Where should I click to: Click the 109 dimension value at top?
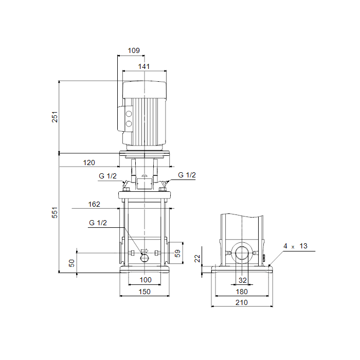(134, 50)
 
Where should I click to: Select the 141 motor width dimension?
(144, 66)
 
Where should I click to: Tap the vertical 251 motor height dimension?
(55, 117)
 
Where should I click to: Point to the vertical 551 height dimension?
(55, 212)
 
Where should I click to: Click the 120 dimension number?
(89, 163)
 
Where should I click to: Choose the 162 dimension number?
(94, 204)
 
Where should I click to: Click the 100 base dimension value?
(146, 280)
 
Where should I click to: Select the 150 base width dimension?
(145, 292)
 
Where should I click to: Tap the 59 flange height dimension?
(177, 253)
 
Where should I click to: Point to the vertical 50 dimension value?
(71, 263)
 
